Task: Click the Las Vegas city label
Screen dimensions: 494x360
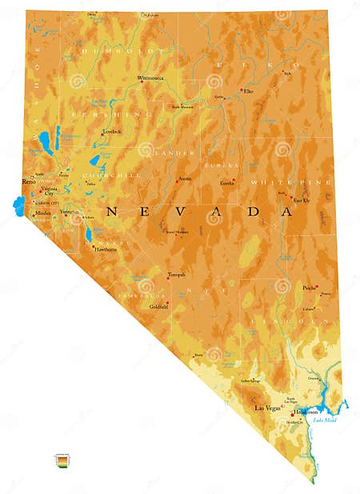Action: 266,408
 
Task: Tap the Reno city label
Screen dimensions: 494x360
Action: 29,182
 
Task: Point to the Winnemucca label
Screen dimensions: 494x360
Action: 150,78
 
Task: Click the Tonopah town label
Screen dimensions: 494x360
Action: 176,275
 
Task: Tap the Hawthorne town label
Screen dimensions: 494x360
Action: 106,249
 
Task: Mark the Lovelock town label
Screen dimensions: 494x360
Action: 111,131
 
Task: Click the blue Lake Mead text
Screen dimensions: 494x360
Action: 326,420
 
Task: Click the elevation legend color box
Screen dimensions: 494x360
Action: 61,460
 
